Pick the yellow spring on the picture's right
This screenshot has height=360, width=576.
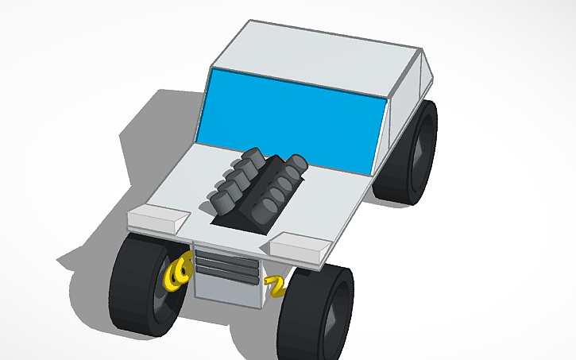[x=276, y=285]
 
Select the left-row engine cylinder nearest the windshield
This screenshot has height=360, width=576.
[x=254, y=154]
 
